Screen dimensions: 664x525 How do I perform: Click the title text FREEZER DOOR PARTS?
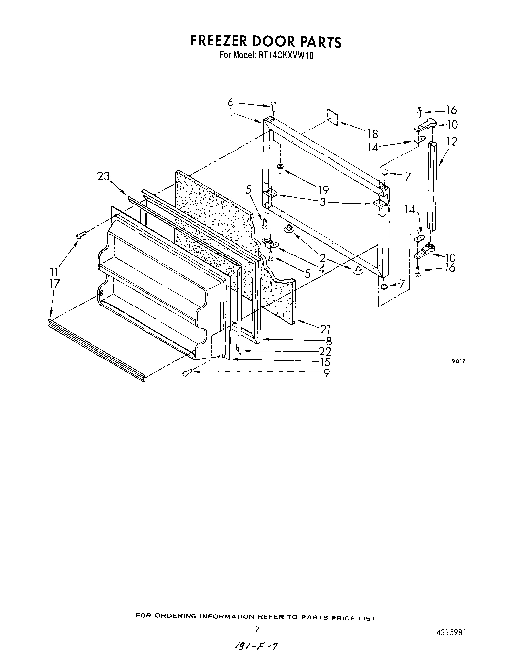(x=266, y=41)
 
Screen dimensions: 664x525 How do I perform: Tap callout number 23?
(x=103, y=176)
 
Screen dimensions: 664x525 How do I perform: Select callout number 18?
(x=372, y=133)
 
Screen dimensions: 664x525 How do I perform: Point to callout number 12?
(x=451, y=141)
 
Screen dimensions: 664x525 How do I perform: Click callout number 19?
(x=323, y=190)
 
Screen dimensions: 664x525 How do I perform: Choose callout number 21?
(x=325, y=329)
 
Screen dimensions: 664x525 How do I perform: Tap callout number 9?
(x=326, y=373)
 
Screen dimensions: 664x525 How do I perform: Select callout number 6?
(x=230, y=102)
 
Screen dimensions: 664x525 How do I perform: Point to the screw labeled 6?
(x=273, y=106)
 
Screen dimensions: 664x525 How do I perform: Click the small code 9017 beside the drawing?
(x=458, y=361)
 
